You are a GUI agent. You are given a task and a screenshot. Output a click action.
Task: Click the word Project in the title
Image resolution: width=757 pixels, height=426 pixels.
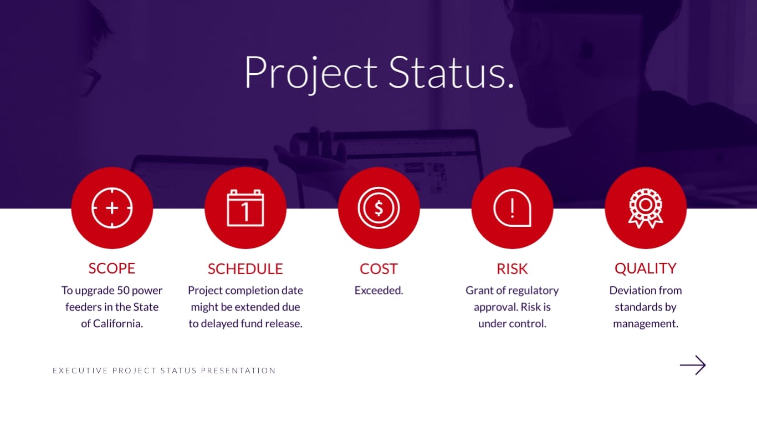(x=310, y=72)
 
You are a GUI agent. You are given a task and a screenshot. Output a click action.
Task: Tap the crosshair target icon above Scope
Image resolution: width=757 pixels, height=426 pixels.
(x=112, y=208)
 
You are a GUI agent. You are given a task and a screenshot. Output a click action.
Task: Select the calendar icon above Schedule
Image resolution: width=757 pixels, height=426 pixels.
(x=245, y=208)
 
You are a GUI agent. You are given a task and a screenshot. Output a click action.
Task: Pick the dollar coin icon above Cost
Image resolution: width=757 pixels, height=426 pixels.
(x=379, y=208)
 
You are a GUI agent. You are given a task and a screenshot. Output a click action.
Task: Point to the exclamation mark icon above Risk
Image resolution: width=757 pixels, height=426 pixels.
(x=513, y=208)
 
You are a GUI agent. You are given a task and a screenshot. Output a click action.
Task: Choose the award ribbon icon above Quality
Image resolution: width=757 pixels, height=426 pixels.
(x=646, y=208)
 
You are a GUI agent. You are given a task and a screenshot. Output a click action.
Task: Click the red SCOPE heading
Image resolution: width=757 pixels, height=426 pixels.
(x=112, y=268)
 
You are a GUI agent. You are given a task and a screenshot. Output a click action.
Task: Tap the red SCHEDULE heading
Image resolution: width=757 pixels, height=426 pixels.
(x=245, y=269)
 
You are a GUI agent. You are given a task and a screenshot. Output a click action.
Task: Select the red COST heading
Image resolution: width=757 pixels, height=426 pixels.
(x=379, y=269)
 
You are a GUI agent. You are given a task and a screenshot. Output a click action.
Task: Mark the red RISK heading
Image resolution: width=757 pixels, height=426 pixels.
(x=513, y=269)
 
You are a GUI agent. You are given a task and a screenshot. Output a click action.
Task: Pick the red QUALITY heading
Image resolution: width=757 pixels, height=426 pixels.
(x=646, y=268)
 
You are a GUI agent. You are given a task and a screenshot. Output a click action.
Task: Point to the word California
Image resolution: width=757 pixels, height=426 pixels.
(x=118, y=323)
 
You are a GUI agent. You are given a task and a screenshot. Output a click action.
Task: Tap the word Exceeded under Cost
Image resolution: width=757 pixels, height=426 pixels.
(x=379, y=290)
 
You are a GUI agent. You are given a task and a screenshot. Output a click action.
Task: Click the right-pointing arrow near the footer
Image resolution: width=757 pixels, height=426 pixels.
(x=693, y=365)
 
